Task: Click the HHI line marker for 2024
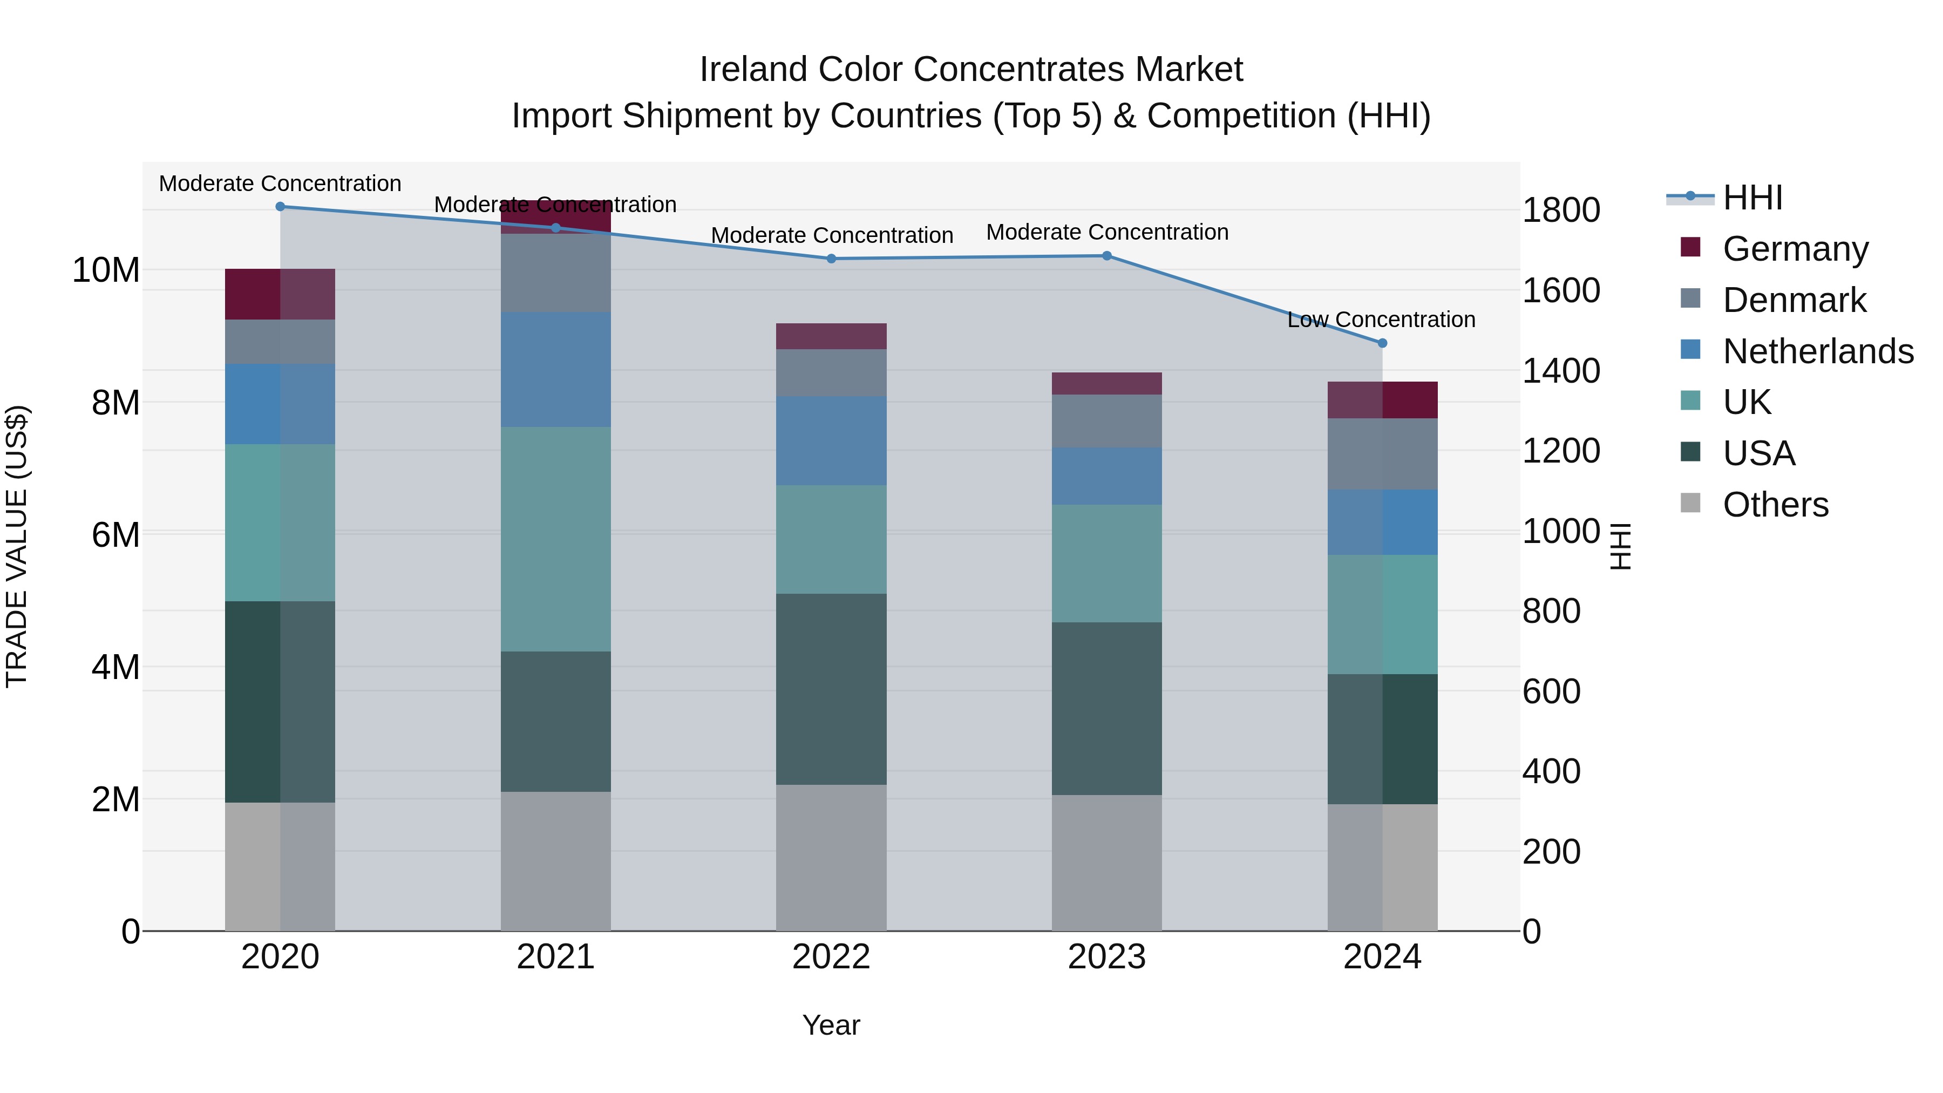pos(1382,343)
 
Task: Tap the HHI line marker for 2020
pos(280,206)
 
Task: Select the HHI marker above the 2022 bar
pos(831,259)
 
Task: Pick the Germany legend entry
pos(1795,249)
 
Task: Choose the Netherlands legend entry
pos(1818,351)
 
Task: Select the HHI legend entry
pos(1752,198)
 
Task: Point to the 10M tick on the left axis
pos(106,270)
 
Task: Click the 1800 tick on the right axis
pos(1560,210)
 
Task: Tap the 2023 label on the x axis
pos(1106,957)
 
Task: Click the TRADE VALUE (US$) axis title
pos(17,546)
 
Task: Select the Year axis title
pos(831,1025)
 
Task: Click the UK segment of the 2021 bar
pos(555,539)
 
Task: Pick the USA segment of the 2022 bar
pos(831,689)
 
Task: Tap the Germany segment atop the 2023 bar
pos(1106,383)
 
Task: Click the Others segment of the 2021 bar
pos(555,861)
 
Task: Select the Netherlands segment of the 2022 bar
pos(831,440)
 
